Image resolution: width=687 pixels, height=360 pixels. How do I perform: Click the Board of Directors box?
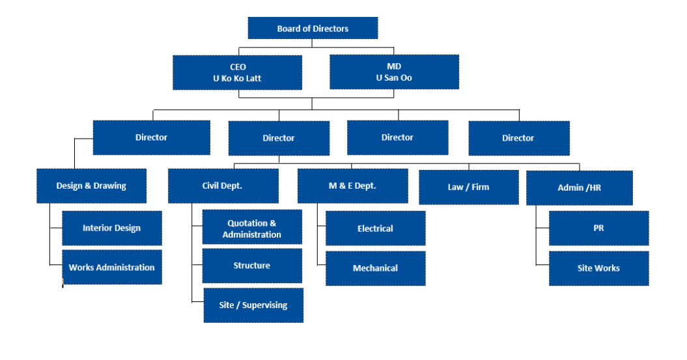pyautogui.click(x=313, y=28)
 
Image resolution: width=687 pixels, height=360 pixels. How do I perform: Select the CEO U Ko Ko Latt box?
pyautogui.click(x=237, y=72)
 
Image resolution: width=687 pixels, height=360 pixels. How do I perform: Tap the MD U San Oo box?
pyautogui.click(x=394, y=72)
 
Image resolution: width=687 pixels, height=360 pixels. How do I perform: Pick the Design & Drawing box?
pyautogui.click(x=91, y=186)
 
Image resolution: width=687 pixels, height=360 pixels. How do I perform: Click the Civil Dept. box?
pyautogui.click(x=223, y=186)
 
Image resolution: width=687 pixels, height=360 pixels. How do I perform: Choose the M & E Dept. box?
pyautogui.click(x=352, y=186)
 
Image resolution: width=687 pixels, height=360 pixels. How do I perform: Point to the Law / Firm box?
pyautogui.click(x=468, y=187)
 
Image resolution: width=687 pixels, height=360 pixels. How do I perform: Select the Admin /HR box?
pyautogui.click(x=579, y=187)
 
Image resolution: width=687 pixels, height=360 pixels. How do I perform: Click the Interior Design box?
pyautogui.click(x=112, y=228)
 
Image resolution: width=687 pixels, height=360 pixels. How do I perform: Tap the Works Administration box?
pyautogui.click(x=112, y=267)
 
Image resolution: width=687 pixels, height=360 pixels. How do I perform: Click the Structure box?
pyautogui.click(x=252, y=266)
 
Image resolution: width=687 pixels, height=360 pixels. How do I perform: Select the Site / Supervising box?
pyautogui.click(x=253, y=305)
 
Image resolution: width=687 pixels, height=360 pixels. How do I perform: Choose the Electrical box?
pyautogui.click(x=375, y=228)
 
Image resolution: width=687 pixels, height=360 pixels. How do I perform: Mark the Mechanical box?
pyautogui.click(x=375, y=268)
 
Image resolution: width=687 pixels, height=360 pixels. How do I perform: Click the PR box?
pyautogui.click(x=598, y=228)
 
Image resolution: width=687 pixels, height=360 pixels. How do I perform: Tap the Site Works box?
pyautogui.click(x=598, y=268)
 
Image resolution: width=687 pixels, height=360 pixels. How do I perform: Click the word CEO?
pyautogui.click(x=238, y=67)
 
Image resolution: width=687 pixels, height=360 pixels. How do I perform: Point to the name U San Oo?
pyautogui.click(x=394, y=78)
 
